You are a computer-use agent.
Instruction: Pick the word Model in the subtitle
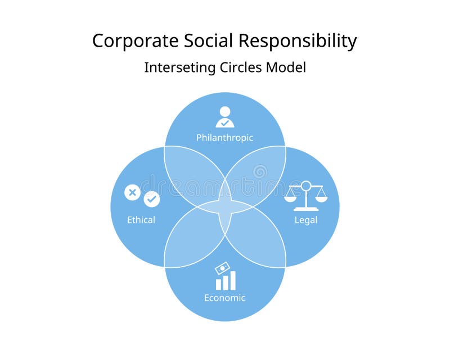(x=287, y=67)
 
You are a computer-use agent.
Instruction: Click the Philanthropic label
(x=224, y=137)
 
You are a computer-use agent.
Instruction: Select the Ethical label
(x=141, y=219)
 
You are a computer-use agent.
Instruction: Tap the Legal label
(x=306, y=219)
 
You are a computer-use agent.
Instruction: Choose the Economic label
(x=224, y=298)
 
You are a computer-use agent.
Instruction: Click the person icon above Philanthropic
(x=225, y=117)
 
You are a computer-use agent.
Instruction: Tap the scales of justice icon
(x=305, y=196)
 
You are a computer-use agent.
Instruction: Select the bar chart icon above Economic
(x=226, y=281)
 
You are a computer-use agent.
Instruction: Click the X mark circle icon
(x=132, y=192)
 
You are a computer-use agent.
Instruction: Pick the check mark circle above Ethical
(x=152, y=199)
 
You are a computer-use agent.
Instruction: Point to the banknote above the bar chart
(x=223, y=268)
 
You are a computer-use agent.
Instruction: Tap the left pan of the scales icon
(x=290, y=196)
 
